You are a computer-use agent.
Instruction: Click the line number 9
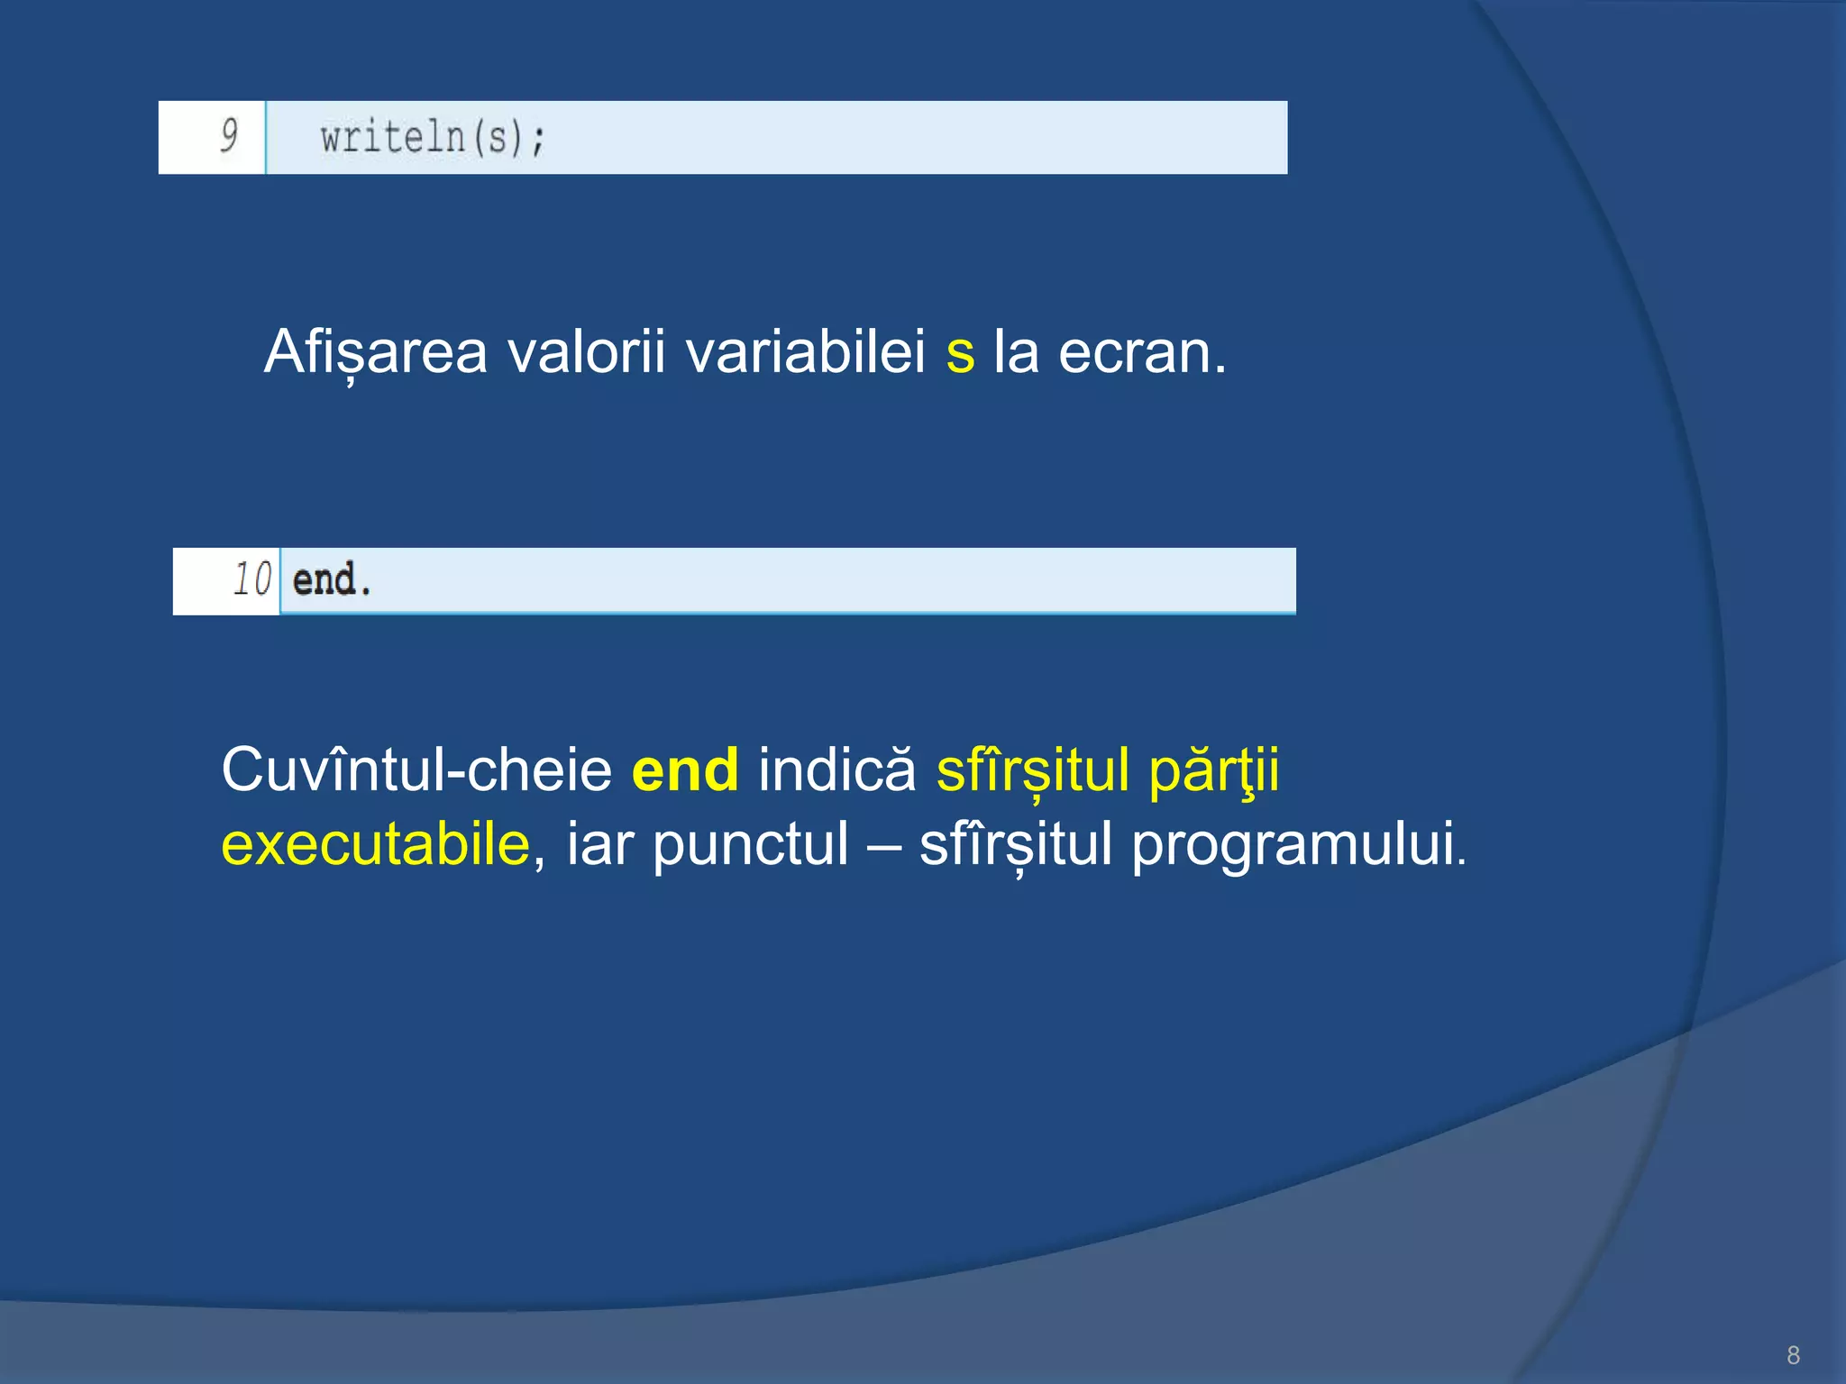pos(229,136)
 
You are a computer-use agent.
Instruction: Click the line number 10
pos(251,579)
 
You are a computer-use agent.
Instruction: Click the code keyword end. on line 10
pos(331,579)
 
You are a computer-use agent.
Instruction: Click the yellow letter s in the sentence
pos(960,353)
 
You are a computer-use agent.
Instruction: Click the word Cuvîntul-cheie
pos(416,770)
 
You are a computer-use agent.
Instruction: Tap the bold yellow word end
pos(685,770)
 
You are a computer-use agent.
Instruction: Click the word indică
pos(836,770)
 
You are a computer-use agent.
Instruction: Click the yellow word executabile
pos(376,845)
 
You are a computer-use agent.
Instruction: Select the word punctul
pos(750,845)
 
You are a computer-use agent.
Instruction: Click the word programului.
pos(1298,845)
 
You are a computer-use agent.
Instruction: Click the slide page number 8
pos(1793,1354)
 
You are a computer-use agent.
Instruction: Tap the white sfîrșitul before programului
pos(1015,845)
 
